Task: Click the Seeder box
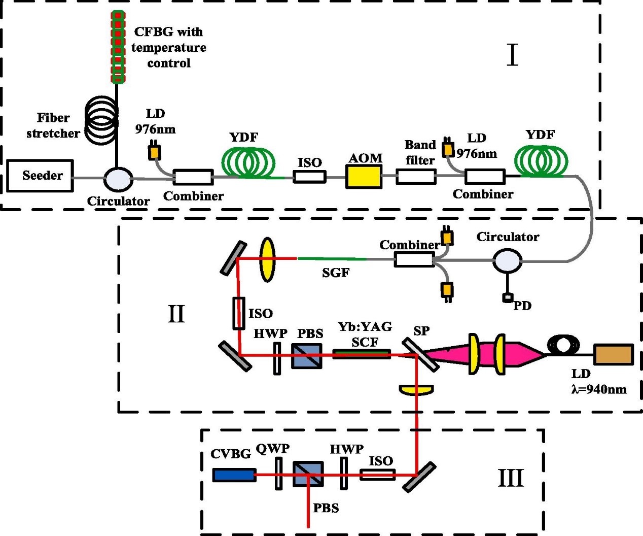[40, 176]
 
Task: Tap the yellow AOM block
[364, 177]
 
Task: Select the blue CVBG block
[234, 475]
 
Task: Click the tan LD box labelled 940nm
[614, 355]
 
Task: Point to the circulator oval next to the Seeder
[118, 178]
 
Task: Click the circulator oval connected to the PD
[507, 261]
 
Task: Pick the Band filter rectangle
[416, 177]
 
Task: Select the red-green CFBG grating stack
[118, 47]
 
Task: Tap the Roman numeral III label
[510, 478]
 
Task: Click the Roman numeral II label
[176, 314]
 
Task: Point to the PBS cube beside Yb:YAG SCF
[307, 356]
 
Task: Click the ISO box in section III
[377, 475]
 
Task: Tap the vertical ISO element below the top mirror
[239, 313]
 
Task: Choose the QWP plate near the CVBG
[278, 474]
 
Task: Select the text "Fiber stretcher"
[53, 125]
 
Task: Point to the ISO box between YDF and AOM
[309, 177]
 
